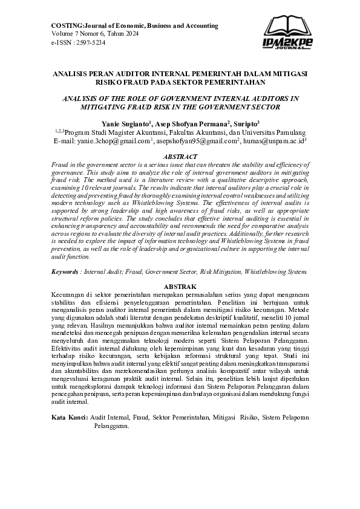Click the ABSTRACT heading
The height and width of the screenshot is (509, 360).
(180, 156)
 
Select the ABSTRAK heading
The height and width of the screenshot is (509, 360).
(180, 285)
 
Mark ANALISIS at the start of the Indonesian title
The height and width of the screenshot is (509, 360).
(70, 73)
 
